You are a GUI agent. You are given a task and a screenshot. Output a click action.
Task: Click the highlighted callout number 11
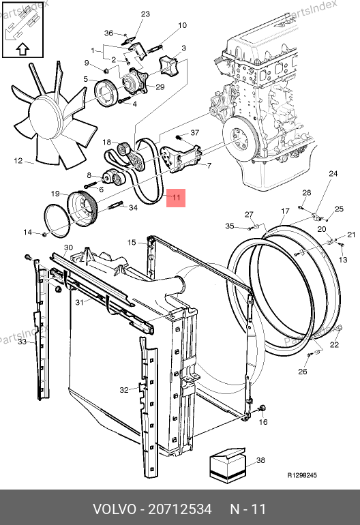pos(176,197)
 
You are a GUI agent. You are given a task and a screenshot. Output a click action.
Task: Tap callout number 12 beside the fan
pos(18,161)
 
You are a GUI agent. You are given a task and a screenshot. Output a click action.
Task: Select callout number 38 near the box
pos(260,460)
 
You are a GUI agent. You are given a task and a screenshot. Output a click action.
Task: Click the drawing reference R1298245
pos(302,475)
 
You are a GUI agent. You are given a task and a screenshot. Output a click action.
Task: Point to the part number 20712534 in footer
pos(180,509)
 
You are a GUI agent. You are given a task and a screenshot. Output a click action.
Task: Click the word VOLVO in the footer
pos(115,509)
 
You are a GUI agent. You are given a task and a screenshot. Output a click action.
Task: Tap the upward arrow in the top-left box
pos(22,49)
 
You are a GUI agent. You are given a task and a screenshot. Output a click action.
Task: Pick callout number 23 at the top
pos(145,14)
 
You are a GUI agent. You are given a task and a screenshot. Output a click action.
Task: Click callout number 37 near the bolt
pos(194,133)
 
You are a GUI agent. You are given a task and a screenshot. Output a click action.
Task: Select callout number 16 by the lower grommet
pos(263,422)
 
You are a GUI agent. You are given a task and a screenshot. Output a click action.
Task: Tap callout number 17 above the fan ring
pos(285,211)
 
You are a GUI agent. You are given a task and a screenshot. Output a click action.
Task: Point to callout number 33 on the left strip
pos(22,342)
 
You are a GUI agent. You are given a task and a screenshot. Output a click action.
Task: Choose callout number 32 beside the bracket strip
pos(124,390)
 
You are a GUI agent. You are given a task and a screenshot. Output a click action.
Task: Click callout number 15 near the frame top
pos(132,242)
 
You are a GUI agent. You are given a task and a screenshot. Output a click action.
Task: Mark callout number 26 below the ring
pos(303,372)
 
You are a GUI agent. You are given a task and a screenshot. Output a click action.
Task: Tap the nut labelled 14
pos(44,234)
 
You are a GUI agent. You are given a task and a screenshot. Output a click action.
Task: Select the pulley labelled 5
pos(105,94)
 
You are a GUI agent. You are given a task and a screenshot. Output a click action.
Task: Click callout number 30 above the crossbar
pos(68,247)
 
